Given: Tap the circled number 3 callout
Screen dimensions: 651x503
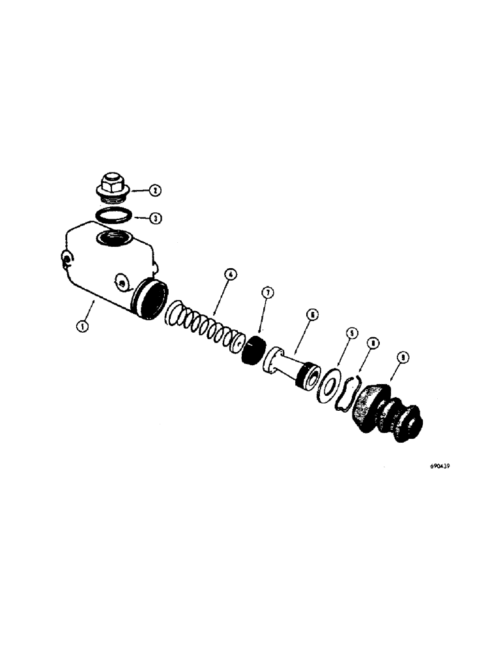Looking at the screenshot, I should point(154,218).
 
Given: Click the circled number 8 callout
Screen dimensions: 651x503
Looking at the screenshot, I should point(374,342).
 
